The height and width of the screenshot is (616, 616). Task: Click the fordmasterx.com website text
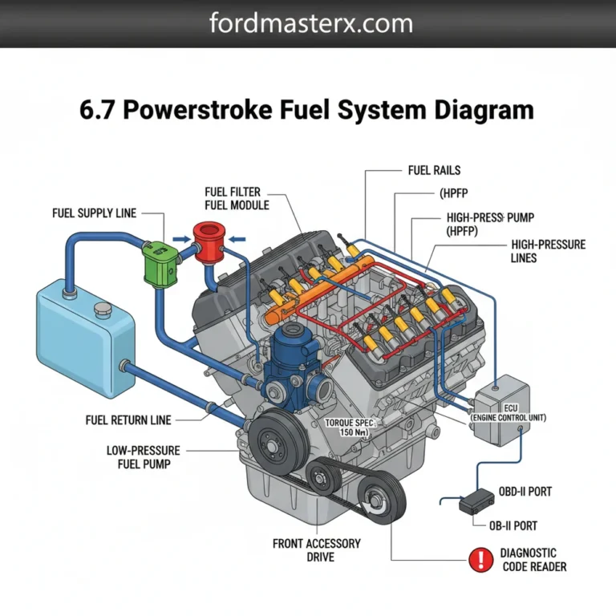tap(311, 23)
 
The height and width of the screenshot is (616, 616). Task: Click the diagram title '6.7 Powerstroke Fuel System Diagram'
tap(307, 110)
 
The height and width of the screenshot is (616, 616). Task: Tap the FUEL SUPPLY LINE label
tap(95, 213)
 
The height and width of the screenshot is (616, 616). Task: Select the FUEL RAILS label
tap(434, 171)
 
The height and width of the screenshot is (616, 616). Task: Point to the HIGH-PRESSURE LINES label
tap(548, 251)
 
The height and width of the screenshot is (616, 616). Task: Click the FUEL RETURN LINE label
tap(128, 419)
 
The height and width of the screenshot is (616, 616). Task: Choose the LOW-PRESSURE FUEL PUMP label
tap(144, 457)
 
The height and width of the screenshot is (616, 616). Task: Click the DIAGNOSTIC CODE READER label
tap(533, 560)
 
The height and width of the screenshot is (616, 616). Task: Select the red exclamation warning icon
tap(481, 559)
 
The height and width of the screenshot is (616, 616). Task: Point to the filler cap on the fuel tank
tap(102, 309)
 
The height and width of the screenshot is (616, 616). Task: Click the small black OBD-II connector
tap(476, 500)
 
